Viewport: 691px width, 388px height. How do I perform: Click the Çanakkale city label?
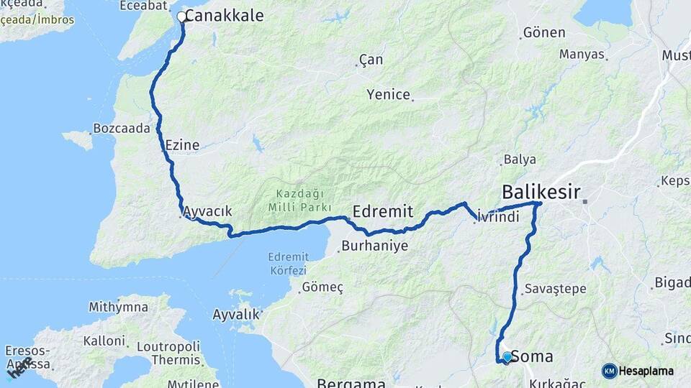tap(224, 15)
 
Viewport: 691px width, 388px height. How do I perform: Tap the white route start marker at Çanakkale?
tap(181, 16)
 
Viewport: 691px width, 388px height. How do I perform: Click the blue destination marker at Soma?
tap(507, 356)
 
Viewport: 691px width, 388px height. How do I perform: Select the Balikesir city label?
tap(541, 192)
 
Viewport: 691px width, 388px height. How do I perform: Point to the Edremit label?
tap(383, 211)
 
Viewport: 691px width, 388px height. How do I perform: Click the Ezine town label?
tap(182, 144)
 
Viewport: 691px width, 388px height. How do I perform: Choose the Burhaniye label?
tap(374, 246)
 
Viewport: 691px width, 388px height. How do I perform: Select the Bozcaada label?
tap(121, 129)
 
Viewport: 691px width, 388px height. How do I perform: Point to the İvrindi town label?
tap(497, 217)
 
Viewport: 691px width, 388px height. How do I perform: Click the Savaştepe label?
tap(555, 288)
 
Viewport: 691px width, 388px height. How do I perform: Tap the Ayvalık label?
tap(235, 314)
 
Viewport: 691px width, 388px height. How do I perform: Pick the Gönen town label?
tap(543, 32)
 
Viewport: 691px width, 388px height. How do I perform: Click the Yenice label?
tap(388, 94)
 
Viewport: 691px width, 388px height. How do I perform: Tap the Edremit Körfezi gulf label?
tap(288, 263)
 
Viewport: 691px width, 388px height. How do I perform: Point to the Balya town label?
tap(520, 159)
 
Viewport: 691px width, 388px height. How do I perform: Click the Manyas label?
tap(582, 54)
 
